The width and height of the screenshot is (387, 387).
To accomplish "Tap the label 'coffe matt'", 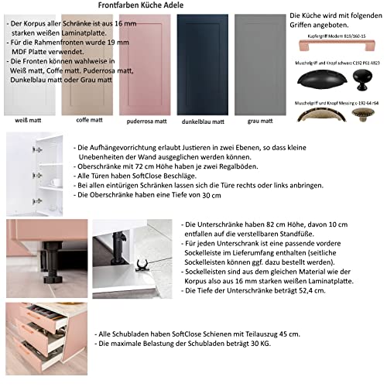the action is pyautogui.click(x=87, y=122).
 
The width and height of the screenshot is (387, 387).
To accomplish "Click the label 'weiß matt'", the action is pyautogui.click(x=27, y=122).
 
